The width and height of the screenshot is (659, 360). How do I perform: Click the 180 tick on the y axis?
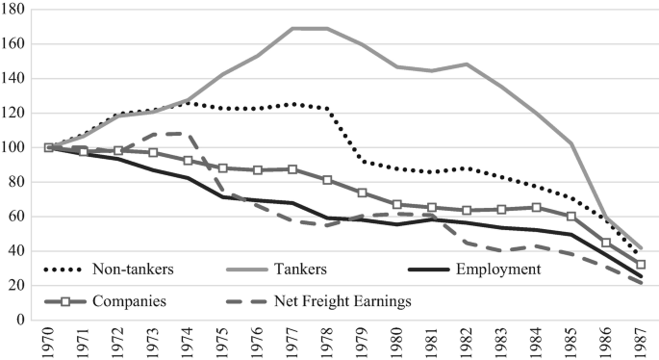coord(21,9)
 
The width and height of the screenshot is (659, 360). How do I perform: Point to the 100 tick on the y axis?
coord(21,147)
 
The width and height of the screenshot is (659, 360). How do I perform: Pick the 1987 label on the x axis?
coord(639,343)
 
